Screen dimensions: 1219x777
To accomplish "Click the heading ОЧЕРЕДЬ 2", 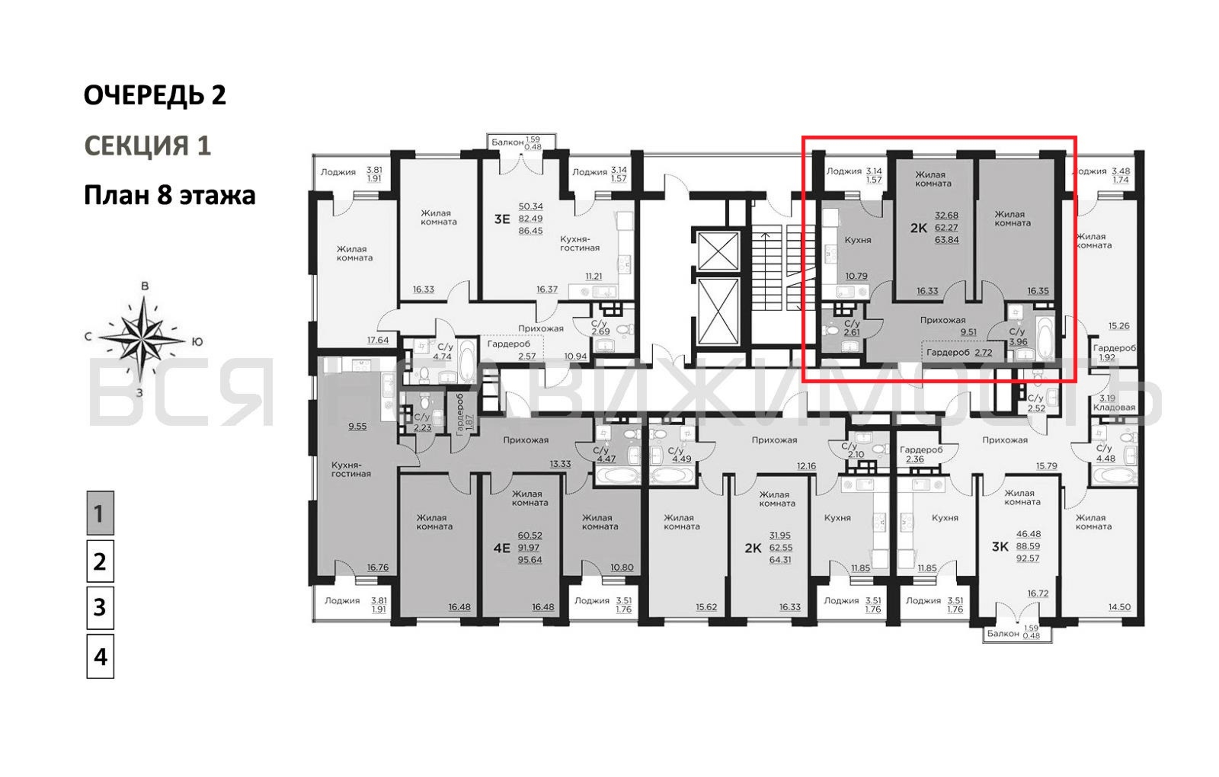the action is [155, 95].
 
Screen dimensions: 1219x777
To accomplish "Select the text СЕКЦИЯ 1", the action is [147, 145].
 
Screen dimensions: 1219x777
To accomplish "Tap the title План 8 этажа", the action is [169, 195].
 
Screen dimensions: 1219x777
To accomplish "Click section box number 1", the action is [100, 513].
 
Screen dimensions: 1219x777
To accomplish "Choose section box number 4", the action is [100, 656].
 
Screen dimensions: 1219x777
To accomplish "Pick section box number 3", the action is [100, 608].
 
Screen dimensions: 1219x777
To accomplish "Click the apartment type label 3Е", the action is [502, 219].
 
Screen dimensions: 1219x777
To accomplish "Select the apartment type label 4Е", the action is [502, 548].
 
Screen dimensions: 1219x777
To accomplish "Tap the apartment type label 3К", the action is [1000, 547].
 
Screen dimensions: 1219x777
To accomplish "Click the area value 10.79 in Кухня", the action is [856, 276].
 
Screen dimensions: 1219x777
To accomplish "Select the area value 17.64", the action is [378, 340].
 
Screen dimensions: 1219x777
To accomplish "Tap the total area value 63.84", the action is [947, 240].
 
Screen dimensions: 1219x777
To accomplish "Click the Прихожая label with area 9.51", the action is [943, 320].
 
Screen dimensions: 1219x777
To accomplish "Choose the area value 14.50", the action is [1119, 607].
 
